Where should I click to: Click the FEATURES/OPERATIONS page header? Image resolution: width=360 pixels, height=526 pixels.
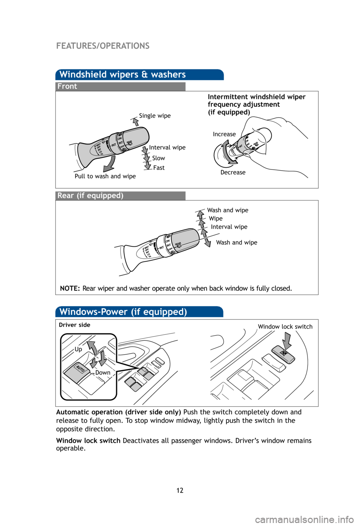(103, 46)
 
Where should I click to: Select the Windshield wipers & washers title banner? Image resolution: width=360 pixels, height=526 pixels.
(123, 75)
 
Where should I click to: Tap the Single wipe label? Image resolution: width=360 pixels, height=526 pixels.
(154, 115)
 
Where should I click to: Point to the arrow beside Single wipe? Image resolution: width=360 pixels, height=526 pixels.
(135, 121)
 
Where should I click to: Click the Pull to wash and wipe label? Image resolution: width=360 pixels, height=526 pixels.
(105, 176)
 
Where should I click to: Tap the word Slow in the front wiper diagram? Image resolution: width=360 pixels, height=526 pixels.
(158, 158)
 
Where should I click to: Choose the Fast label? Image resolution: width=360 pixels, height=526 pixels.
(159, 168)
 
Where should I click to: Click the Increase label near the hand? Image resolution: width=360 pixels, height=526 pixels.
(224, 134)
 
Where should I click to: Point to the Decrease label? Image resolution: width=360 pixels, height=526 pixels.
(233, 172)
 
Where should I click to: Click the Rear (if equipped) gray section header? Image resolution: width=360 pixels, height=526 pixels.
(90, 196)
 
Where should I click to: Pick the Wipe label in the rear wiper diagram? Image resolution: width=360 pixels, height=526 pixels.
(216, 219)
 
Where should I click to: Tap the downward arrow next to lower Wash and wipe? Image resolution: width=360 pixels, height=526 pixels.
(207, 242)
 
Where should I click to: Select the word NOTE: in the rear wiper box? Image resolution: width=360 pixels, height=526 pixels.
(70, 288)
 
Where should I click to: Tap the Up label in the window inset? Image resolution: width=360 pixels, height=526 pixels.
(78, 349)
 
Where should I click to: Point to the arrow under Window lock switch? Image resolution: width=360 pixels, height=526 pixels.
(287, 340)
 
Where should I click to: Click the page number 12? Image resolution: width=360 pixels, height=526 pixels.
(180, 490)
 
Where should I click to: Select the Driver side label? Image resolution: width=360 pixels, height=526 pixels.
(75, 325)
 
